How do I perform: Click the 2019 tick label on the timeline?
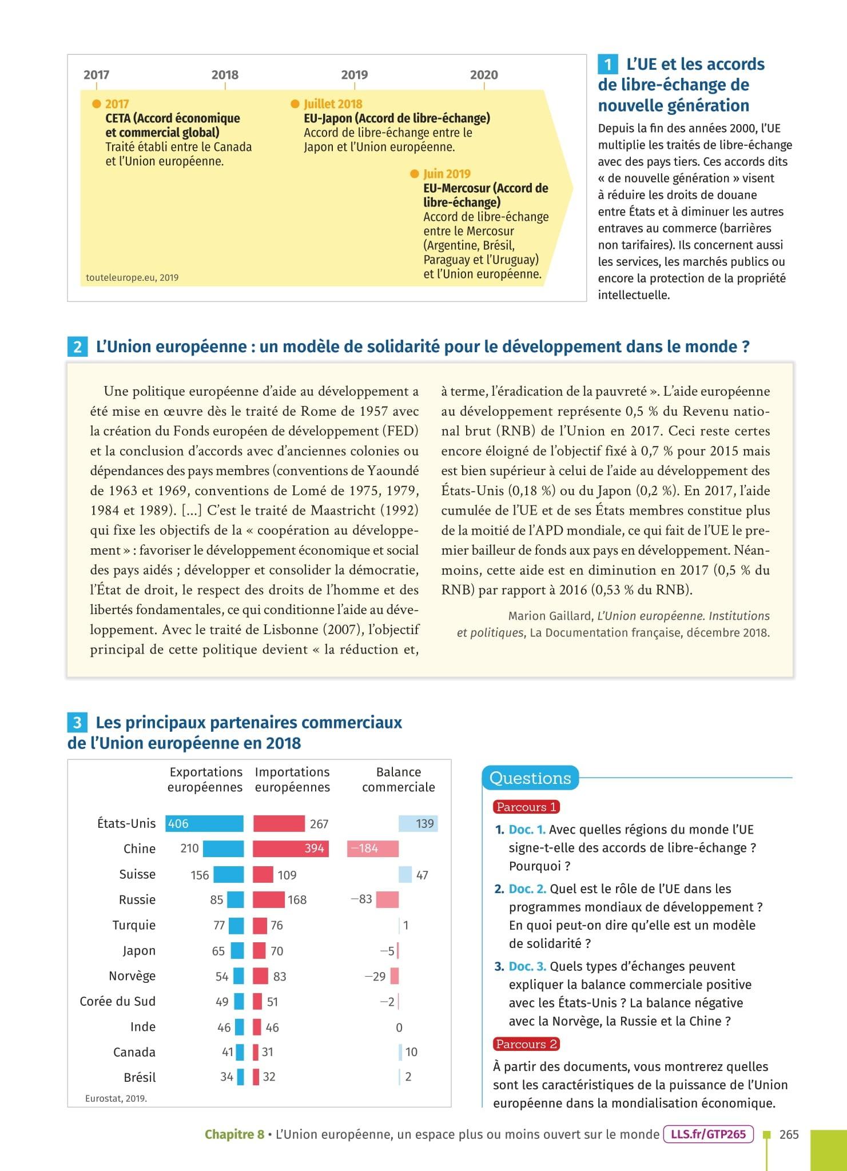coord(354,75)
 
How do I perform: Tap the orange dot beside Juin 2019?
coord(415,173)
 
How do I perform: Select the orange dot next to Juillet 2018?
coord(295,103)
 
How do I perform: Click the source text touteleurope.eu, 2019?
coord(132,278)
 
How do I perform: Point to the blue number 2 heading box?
coord(77,347)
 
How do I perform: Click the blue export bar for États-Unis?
coord(204,823)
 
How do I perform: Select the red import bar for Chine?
coord(291,849)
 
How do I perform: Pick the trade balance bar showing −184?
coord(372,849)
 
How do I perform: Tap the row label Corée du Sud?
coord(117,1001)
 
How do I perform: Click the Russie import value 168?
coord(297,899)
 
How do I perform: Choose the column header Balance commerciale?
coord(398,779)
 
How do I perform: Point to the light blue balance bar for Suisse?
coord(404,874)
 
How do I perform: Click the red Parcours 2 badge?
coord(526,1044)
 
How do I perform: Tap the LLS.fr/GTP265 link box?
coord(708,1134)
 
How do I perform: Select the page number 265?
coord(789,1134)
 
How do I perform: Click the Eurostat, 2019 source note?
coord(116,1098)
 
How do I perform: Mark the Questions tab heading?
coord(530,778)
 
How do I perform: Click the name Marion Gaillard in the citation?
coord(550,616)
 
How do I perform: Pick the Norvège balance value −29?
coord(375,976)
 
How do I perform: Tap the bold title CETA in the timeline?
coord(118,118)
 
